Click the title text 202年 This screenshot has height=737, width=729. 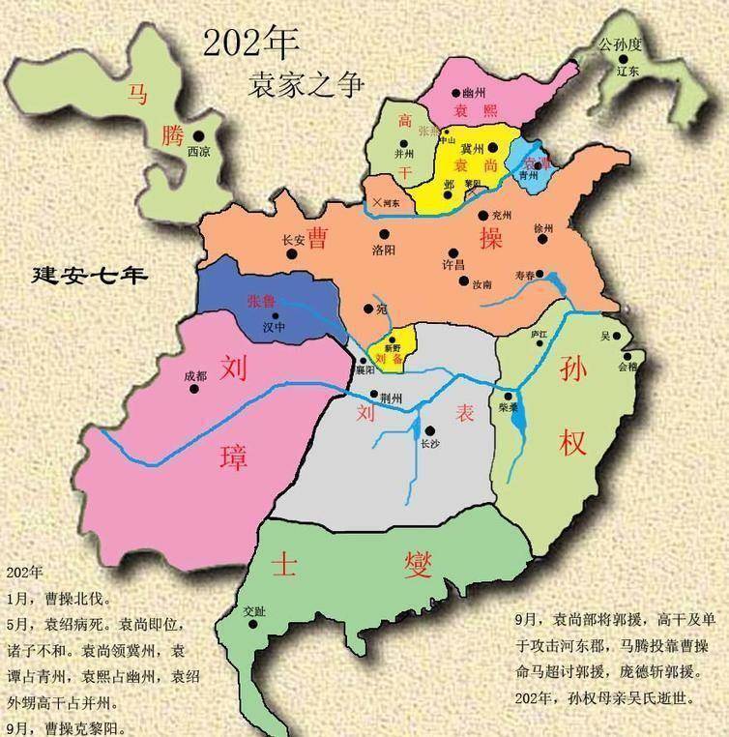[250, 43]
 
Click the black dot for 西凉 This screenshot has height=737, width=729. [198, 136]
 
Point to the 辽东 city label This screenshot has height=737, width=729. [627, 72]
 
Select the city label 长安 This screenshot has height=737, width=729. [293, 241]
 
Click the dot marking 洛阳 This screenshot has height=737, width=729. [385, 233]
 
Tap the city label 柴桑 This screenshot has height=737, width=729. [510, 409]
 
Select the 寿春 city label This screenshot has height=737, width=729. [525, 275]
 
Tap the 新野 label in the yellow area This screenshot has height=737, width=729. [392, 346]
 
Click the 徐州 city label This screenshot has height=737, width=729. [544, 228]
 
